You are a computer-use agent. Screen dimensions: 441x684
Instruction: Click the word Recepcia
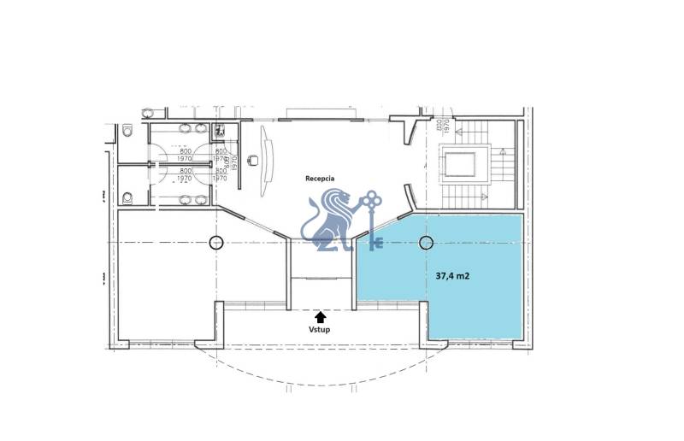(320, 178)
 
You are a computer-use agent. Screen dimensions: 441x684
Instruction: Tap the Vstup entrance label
(320, 328)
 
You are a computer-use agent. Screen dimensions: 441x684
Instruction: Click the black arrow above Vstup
(320, 315)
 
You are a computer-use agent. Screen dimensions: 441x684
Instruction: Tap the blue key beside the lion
(371, 219)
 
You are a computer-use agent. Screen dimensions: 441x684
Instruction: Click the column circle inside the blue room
(426, 243)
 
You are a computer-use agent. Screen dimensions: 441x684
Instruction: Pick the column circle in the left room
(216, 242)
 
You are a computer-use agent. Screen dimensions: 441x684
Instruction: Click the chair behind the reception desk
(253, 159)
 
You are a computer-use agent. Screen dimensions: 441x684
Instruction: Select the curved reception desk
(268, 155)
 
